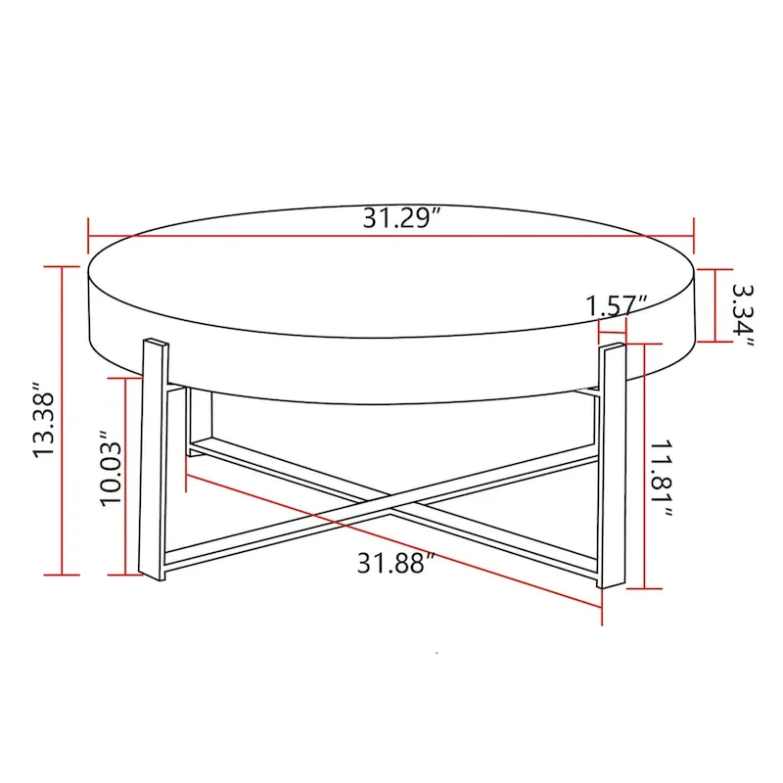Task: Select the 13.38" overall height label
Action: point(46,420)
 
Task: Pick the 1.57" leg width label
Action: point(618,304)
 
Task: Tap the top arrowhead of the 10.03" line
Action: point(125,353)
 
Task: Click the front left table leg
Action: point(154,460)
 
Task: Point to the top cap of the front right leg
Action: point(614,346)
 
